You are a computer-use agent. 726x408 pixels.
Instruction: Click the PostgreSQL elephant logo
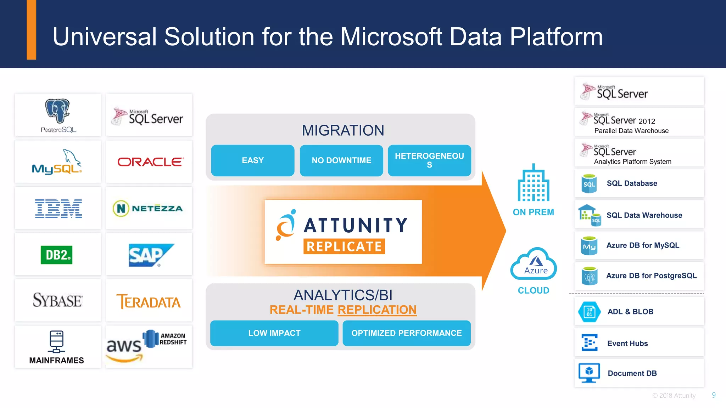(x=57, y=110)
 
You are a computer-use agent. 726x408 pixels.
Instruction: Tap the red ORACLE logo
(x=150, y=162)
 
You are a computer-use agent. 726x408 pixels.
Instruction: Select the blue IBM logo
(x=58, y=208)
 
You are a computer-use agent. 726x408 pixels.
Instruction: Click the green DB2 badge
(x=57, y=255)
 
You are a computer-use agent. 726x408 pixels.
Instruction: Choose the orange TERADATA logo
(x=149, y=302)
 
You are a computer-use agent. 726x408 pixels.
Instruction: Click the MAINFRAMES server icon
(x=56, y=341)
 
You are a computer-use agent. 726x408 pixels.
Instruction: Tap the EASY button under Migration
(x=252, y=160)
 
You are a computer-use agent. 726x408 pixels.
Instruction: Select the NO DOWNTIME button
(x=341, y=160)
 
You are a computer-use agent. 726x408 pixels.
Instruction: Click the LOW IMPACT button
(x=274, y=333)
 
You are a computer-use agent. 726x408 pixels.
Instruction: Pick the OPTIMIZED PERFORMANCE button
(x=406, y=333)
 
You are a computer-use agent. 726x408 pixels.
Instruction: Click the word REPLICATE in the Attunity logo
(x=344, y=246)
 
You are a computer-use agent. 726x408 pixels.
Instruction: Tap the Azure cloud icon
(x=534, y=264)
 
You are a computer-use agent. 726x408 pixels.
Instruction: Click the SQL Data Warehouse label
(x=644, y=215)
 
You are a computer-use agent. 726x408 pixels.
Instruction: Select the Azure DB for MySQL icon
(x=589, y=246)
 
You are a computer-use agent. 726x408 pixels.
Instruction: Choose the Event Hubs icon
(x=590, y=343)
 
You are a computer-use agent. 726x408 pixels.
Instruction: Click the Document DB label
(x=632, y=373)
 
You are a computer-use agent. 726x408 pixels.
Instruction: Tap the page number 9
(x=714, y=395)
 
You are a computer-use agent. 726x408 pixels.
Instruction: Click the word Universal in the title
(x=105, y=37)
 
